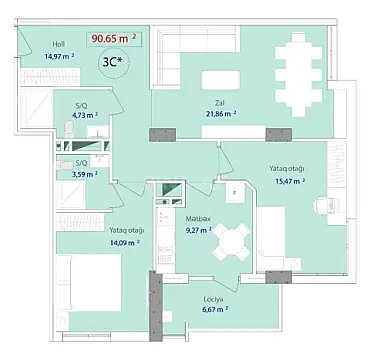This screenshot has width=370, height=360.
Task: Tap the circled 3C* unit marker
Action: [114, 61]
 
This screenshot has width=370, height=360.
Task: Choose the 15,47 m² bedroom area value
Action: [284, 181]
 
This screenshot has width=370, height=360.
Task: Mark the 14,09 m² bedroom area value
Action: [127, 241]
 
